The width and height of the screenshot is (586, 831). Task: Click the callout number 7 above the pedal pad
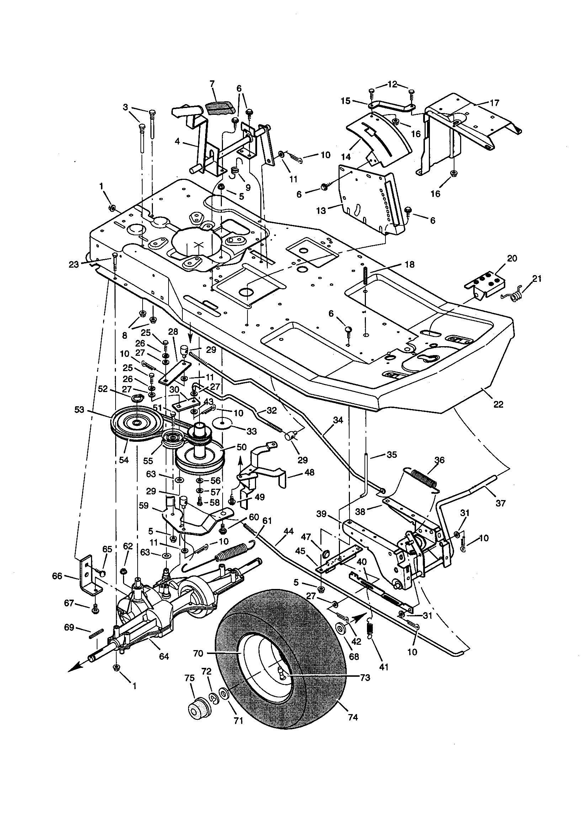[x=212, y=84]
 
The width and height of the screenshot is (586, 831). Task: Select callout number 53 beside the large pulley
[x=80, y=410]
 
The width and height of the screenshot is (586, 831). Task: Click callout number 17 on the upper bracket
[x=494, y=103]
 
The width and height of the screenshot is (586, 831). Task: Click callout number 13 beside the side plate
[x=321, y=210]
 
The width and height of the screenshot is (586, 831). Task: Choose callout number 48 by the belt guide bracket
[x=309, y=472]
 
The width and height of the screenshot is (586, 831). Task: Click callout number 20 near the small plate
[x=512, y=258]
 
